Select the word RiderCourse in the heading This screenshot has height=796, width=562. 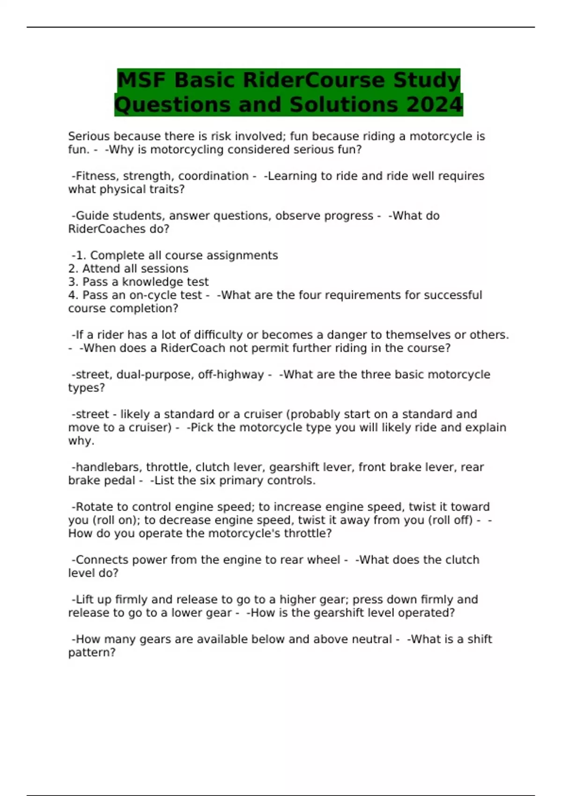coord(314,80)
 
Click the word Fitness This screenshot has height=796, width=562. coord(97,176)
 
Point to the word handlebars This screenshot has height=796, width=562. coord(107,467)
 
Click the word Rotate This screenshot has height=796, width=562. coord(94,507)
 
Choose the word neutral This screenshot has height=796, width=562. coord(370,639)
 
